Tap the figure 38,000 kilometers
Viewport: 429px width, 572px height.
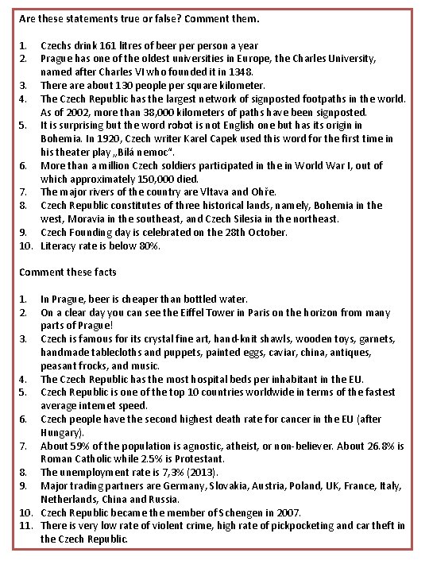pos(141,111)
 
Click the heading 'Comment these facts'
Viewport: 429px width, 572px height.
pos(68,272)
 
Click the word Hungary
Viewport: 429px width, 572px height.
pos(60,433)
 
